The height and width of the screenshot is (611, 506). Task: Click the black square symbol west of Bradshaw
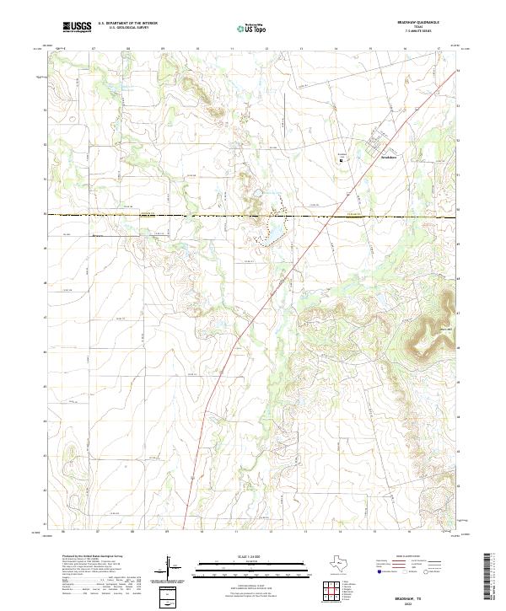(x=342, y=163)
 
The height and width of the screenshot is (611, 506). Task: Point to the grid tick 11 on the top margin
(x=232, y=49)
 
